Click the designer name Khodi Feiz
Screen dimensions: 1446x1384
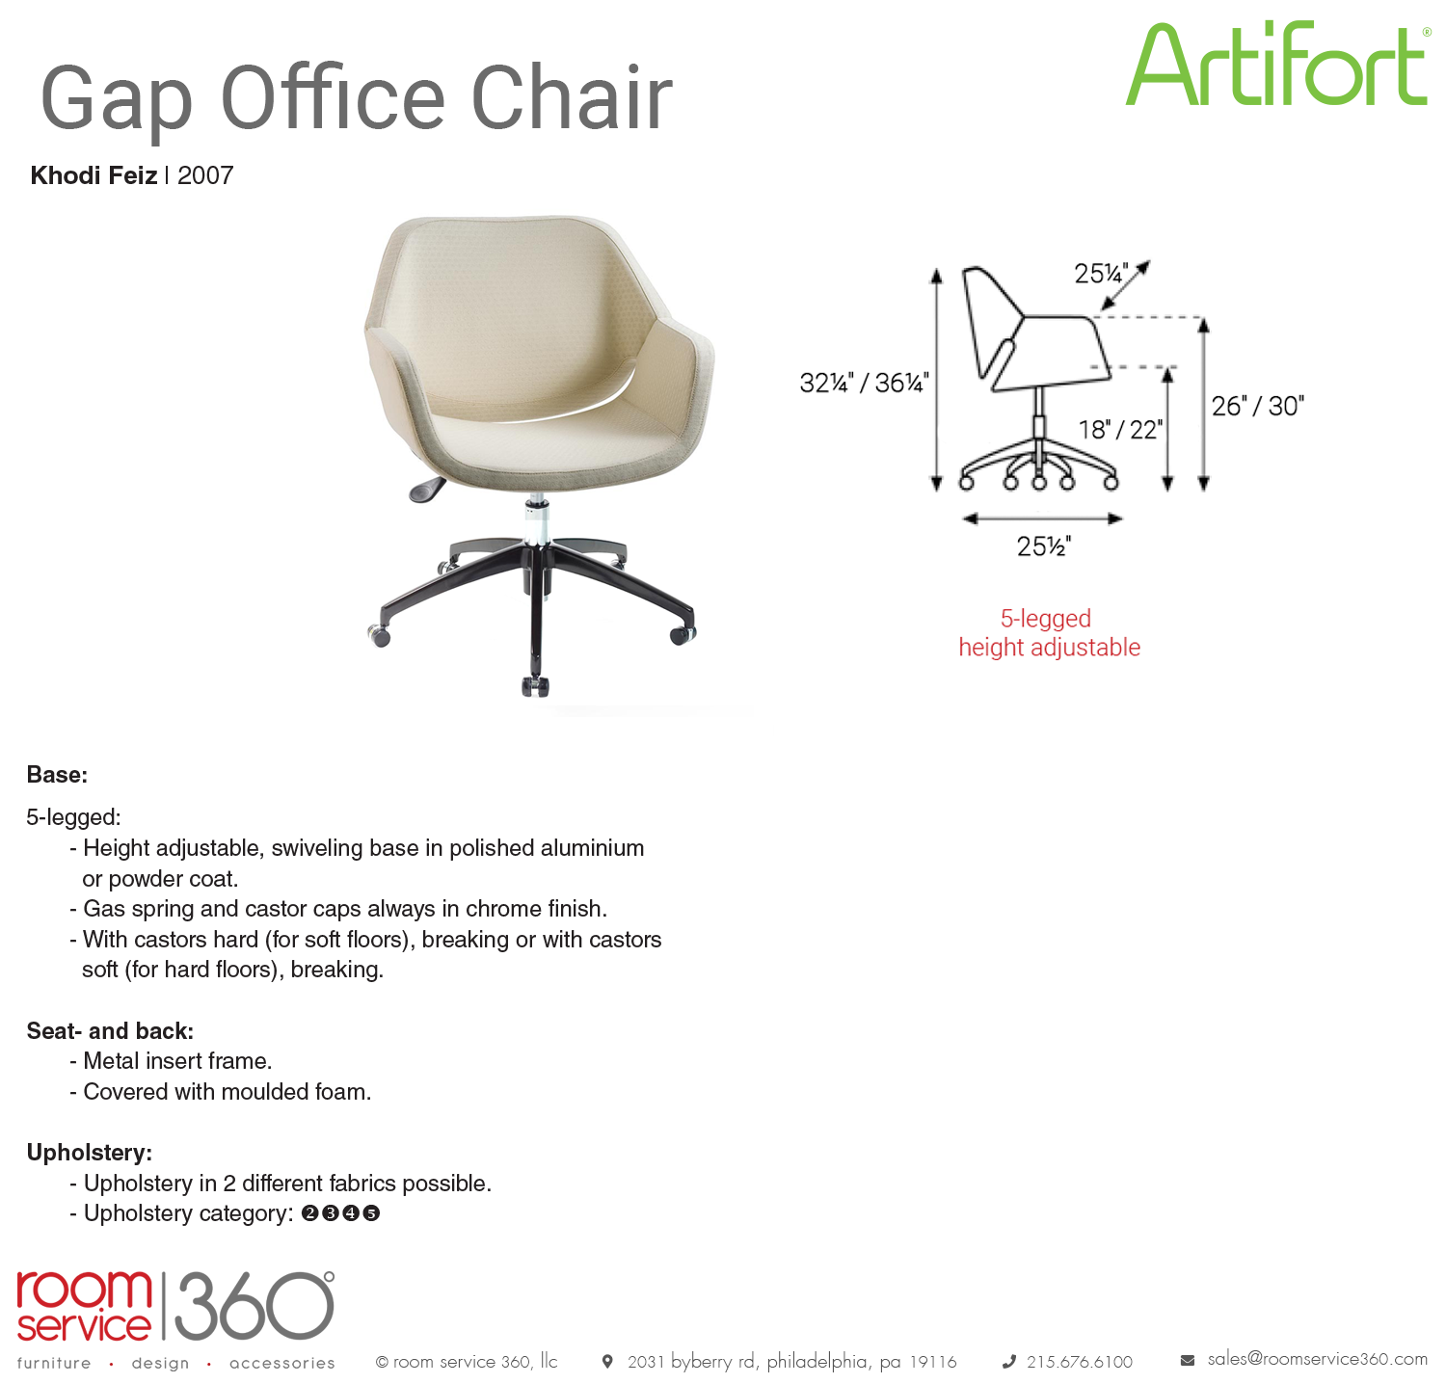pyautogui.click(x=94, y=175)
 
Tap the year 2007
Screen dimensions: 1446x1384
pyautogui.click(x=205, y=175)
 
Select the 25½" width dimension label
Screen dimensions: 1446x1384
pyautogui.click(x=1044, y=546)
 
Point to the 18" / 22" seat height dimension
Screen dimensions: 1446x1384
pyautogui.click(x=1120, y=429)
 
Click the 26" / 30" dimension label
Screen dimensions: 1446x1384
pyautogui.click(x=1258, y=406)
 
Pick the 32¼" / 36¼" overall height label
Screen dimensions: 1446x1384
pyautogui.click(x=864, y=383)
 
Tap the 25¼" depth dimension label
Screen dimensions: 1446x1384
pyautogui.click(x=1101, y=274)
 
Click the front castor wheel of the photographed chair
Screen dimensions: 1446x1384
pyautogui.click(x=535, y=686)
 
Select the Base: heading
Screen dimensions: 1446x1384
pyautogui.click(x=57, y=775)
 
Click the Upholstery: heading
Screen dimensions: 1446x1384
pyautogui.click(x=90, y=1153)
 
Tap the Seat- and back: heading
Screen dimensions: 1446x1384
pyautogui.click(x=110, y=1031)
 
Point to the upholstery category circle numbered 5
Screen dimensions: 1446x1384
pyautogui.click(x=371, y=1213)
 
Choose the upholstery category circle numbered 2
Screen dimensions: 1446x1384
pyautogui.click(x=309, y=1213)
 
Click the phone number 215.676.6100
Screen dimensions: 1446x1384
pyautogui.click(x=1080, y=1362)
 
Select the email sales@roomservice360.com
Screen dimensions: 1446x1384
pyautogui.click(x=1318, y=1359)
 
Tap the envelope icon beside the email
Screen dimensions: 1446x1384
pyautogui.click(x=1188, y=1361)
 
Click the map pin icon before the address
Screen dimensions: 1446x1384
pyautogui.click(x=607, y=1362)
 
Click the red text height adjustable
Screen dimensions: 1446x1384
pyautogui.click(x=1049, y=648)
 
